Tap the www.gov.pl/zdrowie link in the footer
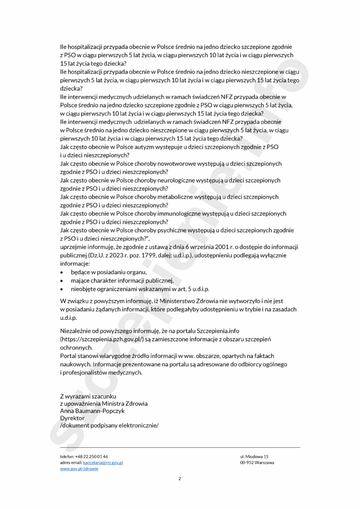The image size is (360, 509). tap(79, 469)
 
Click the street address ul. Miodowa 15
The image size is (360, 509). tap(254, 456)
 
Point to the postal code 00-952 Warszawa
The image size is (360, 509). tap(257, 462)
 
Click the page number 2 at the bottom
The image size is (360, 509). tap(180, 479)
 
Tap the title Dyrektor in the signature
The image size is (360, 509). tap(72, 419)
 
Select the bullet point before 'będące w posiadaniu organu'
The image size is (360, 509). tap(62, 272)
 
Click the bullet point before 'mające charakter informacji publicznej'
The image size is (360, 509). tap(62, 281)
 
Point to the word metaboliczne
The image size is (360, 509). tap(184, 197)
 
